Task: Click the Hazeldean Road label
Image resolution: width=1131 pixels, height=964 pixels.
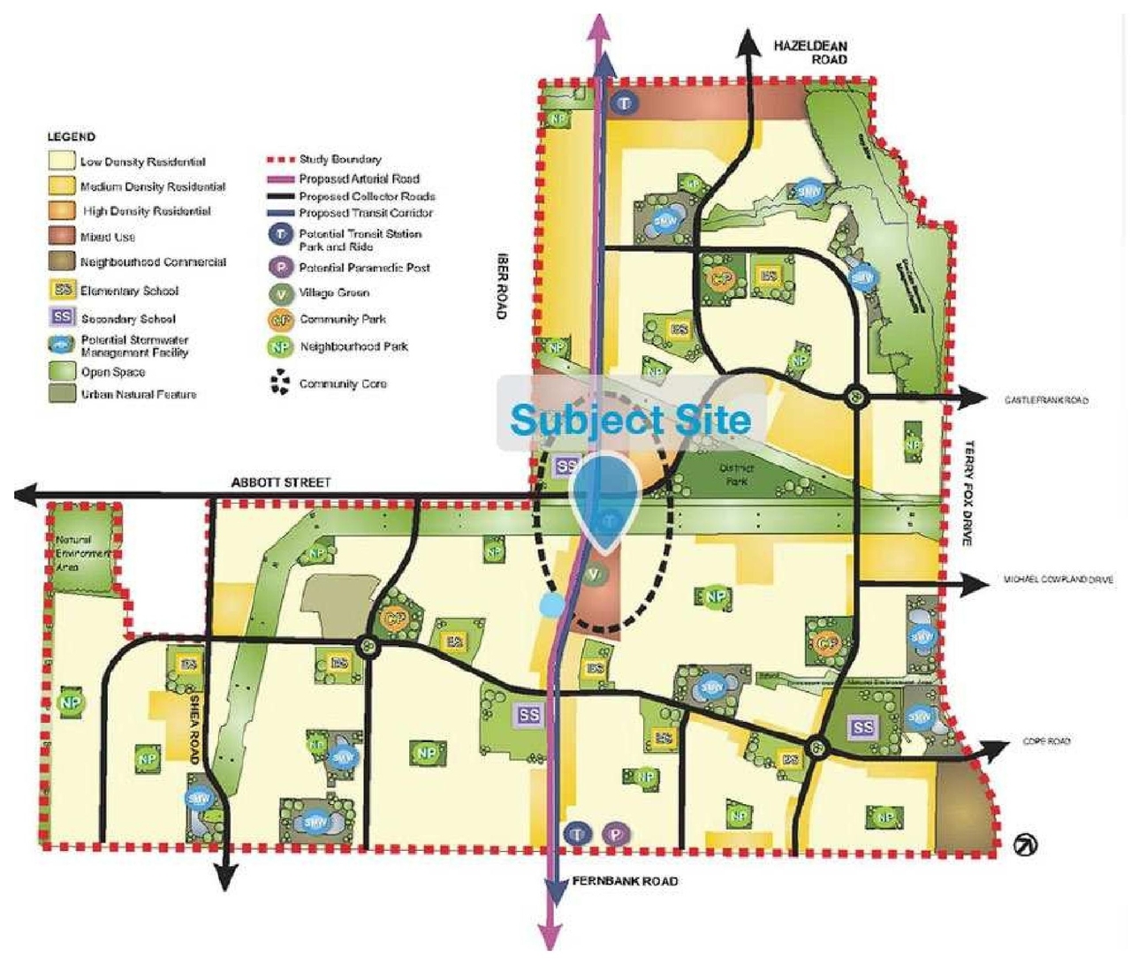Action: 809,52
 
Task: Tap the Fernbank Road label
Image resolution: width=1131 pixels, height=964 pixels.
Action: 625,881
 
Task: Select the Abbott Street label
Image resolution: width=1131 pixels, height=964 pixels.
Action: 280,482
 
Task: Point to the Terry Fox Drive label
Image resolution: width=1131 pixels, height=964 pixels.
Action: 969,492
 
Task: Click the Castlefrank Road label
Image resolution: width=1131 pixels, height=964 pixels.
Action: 1045,400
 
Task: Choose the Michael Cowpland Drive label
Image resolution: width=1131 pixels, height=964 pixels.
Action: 1058,580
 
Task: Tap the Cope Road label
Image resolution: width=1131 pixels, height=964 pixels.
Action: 1046,741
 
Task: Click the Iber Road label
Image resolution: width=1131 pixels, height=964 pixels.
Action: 502,286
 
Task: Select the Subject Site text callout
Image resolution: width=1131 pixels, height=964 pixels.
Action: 630,420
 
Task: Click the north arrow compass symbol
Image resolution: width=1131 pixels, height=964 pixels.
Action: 1025,845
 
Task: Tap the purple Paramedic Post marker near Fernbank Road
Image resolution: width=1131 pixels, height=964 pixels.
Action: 615,833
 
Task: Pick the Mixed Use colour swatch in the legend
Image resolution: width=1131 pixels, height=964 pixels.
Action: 62,236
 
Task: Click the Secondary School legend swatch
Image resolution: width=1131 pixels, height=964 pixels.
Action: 62,317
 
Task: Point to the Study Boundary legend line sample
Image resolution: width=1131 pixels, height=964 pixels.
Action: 280,160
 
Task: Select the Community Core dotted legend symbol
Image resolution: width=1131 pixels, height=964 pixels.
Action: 280,383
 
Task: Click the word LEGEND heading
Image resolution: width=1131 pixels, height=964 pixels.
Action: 71,137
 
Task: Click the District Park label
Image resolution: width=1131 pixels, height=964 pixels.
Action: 736,474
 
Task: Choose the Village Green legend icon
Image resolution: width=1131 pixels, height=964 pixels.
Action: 280,292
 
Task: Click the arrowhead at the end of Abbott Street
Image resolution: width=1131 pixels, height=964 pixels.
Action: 27,495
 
